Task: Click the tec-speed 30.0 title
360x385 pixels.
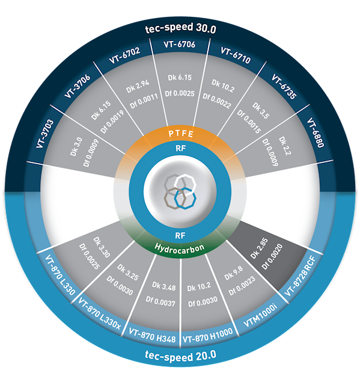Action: pos(181,28)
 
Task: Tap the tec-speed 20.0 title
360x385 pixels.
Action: pos(180,356)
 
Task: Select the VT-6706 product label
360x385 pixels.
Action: pos(180,44)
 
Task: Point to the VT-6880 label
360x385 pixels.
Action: pos(316,132)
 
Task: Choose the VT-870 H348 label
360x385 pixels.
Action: pos(152,336)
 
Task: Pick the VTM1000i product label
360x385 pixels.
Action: pos(260,315)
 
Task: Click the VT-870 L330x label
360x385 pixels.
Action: pos(99,313)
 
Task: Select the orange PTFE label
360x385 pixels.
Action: pos(181,134)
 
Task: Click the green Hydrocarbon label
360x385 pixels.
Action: pos(180,248)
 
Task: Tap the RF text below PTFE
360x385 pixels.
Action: pos(180,149)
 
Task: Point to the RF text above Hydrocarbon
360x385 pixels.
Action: pos(180,236)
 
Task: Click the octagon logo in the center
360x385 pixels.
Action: pos(180,191)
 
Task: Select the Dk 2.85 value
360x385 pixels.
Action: pos(259,248)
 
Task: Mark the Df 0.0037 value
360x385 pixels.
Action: pos(160,301)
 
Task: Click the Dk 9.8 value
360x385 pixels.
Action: pos(234,273)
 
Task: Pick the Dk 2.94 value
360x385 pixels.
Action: pos(138,87)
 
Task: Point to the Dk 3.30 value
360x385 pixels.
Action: pos(102,247)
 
